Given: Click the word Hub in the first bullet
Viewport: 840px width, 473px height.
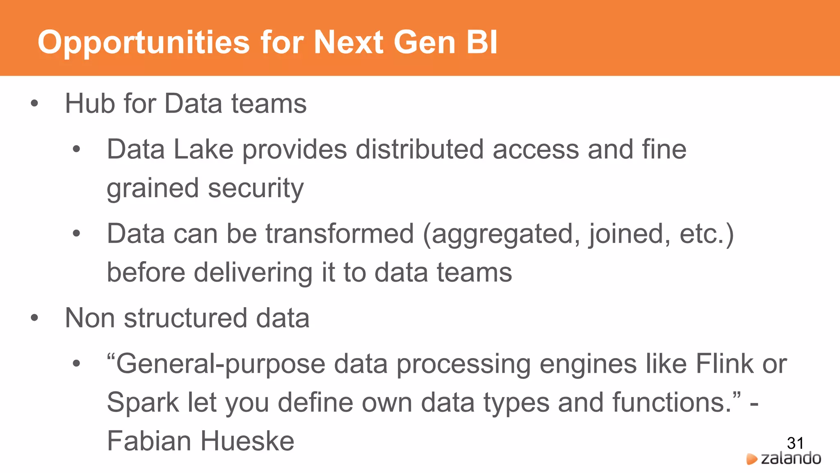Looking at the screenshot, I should click(x=90, y=103).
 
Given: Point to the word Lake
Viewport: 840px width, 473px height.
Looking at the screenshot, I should click(x=203, y=149).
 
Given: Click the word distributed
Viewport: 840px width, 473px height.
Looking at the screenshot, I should click(x=419, y=149).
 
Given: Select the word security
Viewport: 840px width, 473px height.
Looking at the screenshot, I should click(x=256, y=188).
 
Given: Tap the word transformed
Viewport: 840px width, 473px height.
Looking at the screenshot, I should click(x=340, y=234).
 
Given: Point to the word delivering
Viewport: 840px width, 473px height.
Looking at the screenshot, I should click(x=253, y=273).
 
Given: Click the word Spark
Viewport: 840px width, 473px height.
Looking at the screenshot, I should click(x=143, y=403).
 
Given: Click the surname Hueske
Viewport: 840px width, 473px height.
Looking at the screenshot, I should click(x=247, y=441).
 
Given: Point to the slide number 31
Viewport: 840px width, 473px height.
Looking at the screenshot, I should click(x=795, y=443).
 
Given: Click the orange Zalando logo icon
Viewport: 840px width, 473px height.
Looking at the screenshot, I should click(x=751, y=459).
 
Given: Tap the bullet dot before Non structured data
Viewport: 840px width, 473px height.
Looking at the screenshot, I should click(x=34, y=318).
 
